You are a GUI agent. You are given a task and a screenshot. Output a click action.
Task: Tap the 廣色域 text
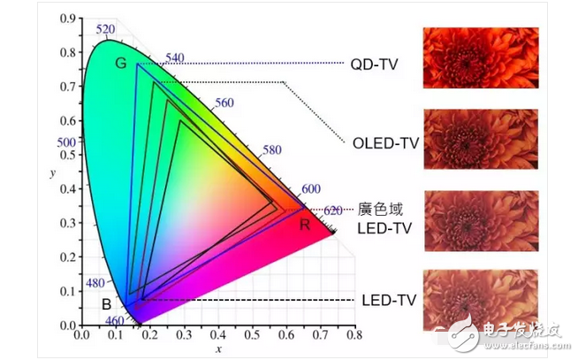click(380, 210)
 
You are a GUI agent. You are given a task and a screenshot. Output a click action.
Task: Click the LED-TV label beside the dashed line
click(386, 301)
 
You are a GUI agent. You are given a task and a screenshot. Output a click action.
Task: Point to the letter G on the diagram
click(121, 63)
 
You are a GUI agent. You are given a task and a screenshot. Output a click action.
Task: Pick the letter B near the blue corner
click(106, 305)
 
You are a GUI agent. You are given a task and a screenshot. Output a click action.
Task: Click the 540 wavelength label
click(174, 58)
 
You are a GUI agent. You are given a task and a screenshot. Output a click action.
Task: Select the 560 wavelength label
click(224, 103)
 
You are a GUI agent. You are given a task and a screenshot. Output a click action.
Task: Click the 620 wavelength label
click(332, 211)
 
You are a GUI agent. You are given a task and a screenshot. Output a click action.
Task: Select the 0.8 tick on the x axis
click(354, 336)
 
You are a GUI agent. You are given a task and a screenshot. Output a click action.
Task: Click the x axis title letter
click(217, 349)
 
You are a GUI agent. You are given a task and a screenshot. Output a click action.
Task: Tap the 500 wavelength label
click(66, 142)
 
